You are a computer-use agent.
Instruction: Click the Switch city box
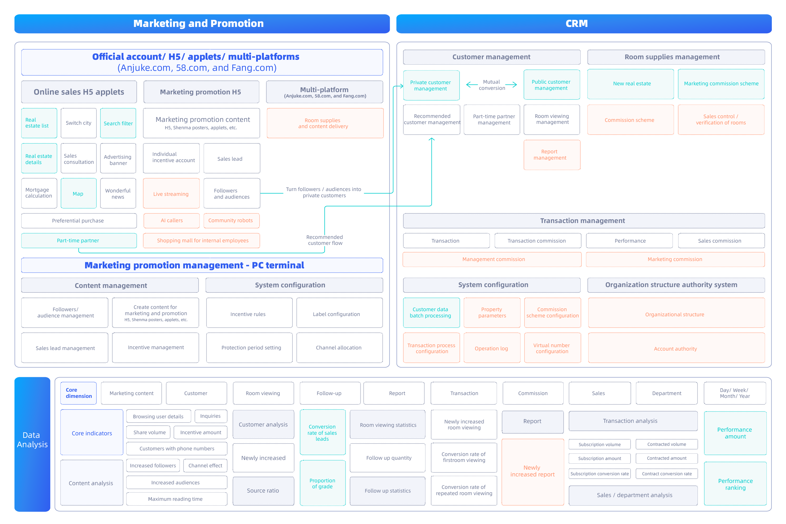pyautogui.click(x=79, y=123)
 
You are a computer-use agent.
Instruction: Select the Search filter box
pyautogui.click(x=118, y=123)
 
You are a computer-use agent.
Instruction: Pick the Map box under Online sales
pyautogui.click(x=79, y=193)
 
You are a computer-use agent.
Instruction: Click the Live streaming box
pyautogui.click(x=171, y=193)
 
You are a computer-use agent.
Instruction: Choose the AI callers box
pyautogui.click(x=171, y=220)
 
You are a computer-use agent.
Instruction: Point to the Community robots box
pyautogui.click(x=231, y=220)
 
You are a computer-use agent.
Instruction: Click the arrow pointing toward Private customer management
pyautogui.click(x=472, y=84)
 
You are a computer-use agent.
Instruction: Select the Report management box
pyautogui.click(x=552, y=155)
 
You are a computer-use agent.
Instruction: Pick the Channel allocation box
pyautogui.click(x=340, y=347)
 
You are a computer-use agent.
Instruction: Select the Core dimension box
pyautogui.click(x=79, y=393)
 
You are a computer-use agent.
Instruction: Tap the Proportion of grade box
pyautogui.click(x=323, y=483)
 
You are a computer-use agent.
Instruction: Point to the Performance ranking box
pyautogui.click(x=735, y=483)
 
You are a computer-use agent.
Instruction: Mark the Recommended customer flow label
pyautogui.click(x=325, y=240)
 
